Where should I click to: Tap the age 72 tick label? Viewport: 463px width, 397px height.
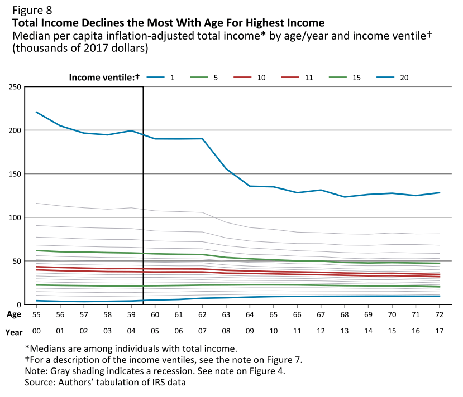click(440, 314)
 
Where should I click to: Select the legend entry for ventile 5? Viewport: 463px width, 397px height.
click(206, 77)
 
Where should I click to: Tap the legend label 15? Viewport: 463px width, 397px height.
click(356, 77)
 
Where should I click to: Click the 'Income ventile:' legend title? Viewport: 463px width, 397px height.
click(104, 77)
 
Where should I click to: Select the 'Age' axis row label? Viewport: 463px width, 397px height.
click(14, 314)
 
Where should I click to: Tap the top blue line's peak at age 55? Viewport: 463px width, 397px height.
click(36, 112)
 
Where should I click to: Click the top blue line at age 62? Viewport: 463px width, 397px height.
click(202, 139)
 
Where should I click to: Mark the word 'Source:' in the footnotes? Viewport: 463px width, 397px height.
click(41, 383)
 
